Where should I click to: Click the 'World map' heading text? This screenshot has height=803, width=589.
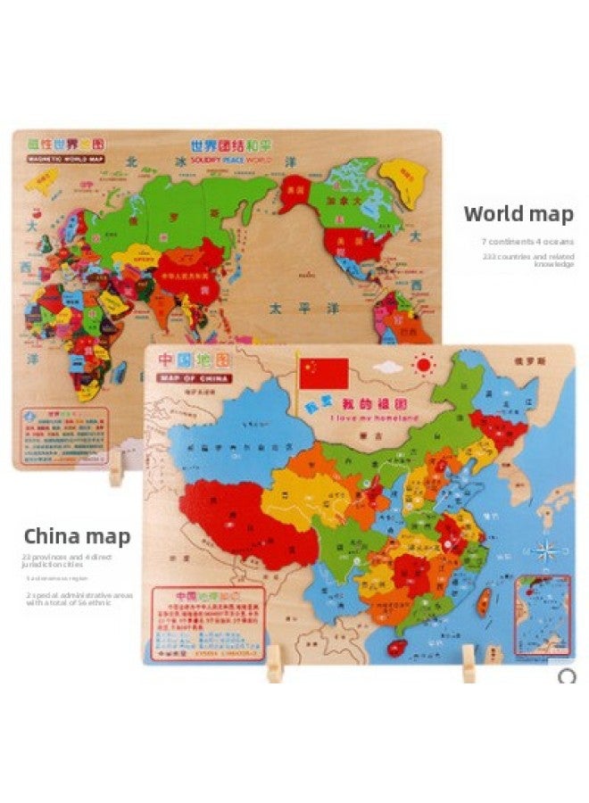[x=518, y=214]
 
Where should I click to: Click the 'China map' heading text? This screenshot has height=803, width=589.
[x=77, y=536]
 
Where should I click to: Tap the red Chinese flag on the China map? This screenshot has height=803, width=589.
[x=323, y=373]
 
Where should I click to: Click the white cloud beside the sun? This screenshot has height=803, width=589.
[x=386, y=367]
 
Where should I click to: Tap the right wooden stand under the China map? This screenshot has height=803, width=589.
[x=469, y=664]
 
